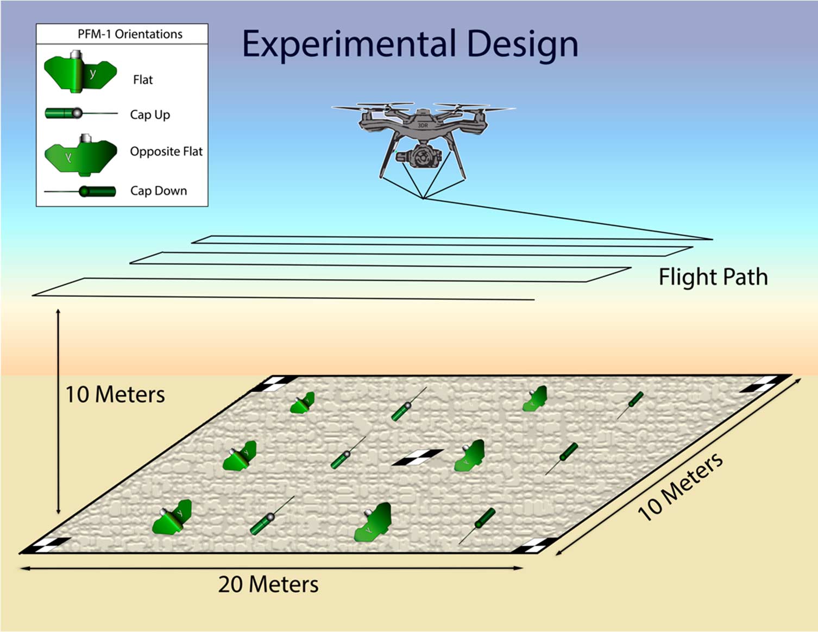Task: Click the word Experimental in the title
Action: pos(348,45)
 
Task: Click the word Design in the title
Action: pos(522,45)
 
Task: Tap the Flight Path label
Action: pos(713,277)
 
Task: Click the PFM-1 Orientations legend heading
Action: pos(130,34)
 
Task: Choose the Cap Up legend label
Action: pos(150,115)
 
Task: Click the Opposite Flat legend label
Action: pos(166,151)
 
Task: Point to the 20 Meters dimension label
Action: pos(268,584)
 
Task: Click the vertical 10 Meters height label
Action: pos(115,395)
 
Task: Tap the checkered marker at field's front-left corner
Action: pos(47,546)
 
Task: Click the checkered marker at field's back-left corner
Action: pos(272,383)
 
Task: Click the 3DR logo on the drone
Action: pos(423,125)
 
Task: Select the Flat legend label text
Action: pos(143,80)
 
